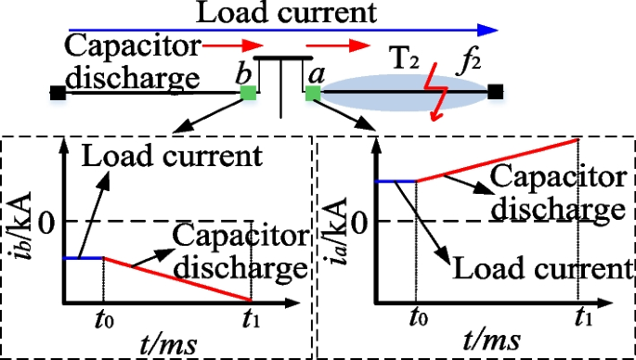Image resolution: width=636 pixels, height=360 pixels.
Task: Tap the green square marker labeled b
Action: coord(248,93)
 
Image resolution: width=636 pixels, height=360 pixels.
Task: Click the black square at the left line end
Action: coord(58,93)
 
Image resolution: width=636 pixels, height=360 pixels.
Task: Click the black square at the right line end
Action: coord(497,93)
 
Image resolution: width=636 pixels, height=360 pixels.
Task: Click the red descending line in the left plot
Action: coord(176,279)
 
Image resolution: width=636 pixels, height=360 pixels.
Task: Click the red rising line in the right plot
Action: coord(497,160)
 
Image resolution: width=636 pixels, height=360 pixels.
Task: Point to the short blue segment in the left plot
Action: coord(82,257)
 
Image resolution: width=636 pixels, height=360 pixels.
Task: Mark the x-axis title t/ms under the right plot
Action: coord(482,341)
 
